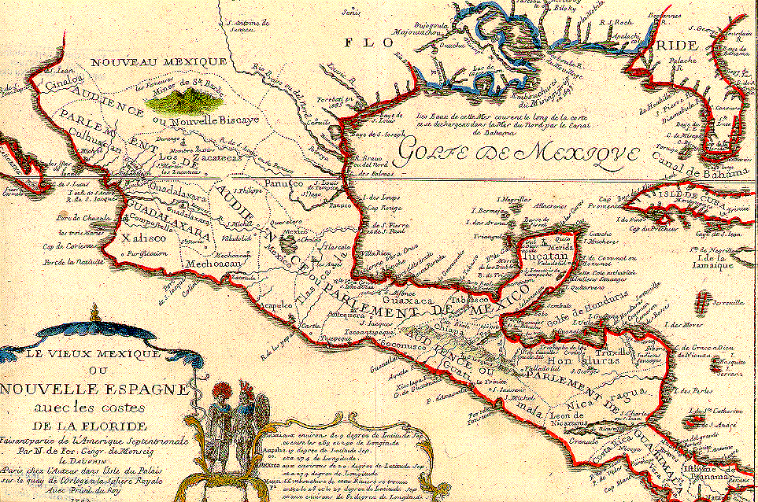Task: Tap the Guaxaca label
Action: point(406,300)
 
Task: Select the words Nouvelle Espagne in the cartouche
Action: point(94,389)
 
